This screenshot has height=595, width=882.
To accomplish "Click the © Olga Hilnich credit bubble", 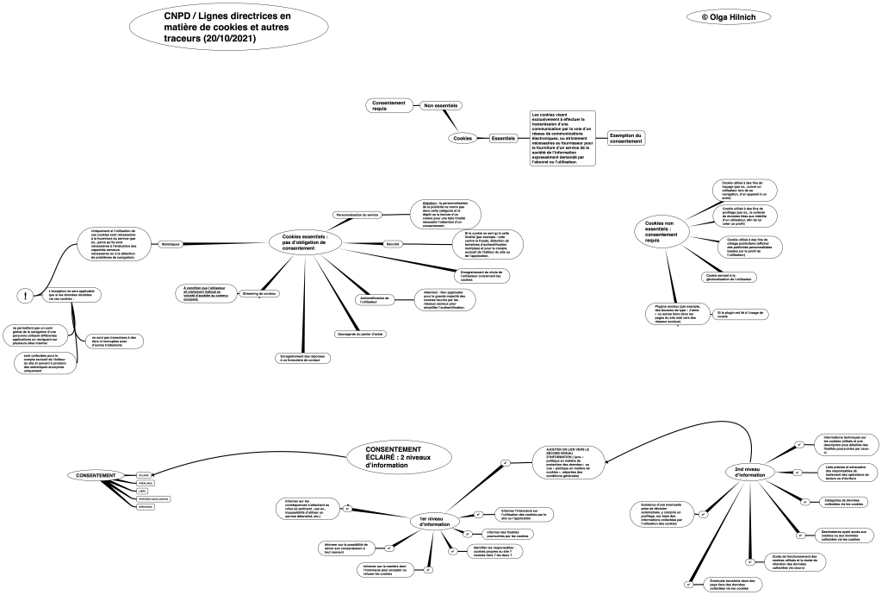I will click(x=729, y=16).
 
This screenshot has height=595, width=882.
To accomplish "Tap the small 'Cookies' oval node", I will click(x=463, y=138).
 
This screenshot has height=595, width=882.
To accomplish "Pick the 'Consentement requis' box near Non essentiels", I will click(x=385, y=105).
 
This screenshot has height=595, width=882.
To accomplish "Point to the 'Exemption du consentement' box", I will click(x=626, y=138).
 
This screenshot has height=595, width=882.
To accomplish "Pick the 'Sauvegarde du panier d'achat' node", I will click(x=359, y=334).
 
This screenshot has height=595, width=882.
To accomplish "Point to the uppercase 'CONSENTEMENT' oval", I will click(x=96, y=476).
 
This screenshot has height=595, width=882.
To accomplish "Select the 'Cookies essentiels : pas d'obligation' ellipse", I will click(x=305, y=243).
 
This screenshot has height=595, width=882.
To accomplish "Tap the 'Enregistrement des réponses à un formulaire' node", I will click(x=300, y=357).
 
